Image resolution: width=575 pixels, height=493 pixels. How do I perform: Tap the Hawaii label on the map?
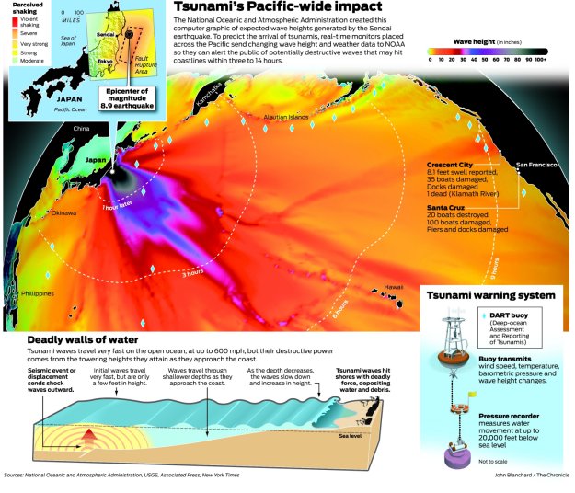click(394, 286)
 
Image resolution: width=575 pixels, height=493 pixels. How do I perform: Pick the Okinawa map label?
click(63, 212)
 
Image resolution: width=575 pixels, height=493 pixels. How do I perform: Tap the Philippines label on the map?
click(35, 293)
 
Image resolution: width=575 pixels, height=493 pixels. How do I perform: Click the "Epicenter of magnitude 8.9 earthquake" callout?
click(127, 99)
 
